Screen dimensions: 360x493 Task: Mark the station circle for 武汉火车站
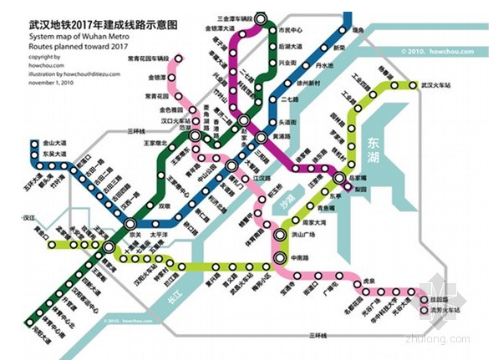point(413,85)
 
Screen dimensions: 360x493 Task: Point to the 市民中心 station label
point(288,28)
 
